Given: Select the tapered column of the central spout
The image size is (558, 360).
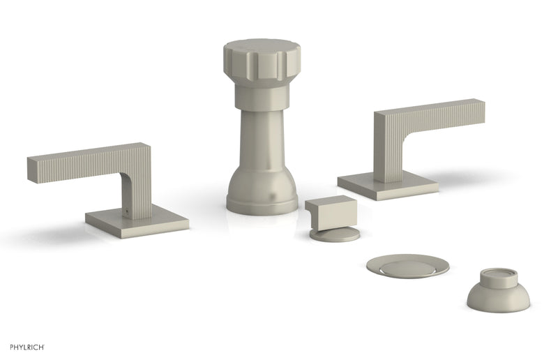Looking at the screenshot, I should tap(262, 140).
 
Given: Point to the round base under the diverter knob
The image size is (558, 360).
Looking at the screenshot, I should tap(335, 234).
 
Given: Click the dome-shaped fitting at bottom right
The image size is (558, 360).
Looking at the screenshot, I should tap(498, 293).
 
